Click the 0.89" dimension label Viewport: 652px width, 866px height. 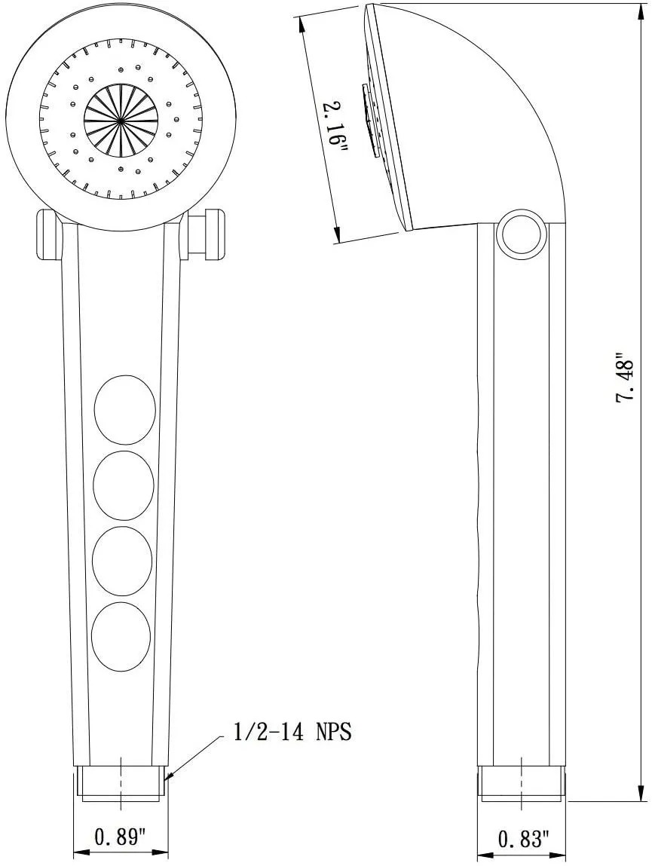tap(120, 837)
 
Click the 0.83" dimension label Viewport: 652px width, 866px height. tap(524, 838)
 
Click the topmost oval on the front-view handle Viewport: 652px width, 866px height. tap(124, 409)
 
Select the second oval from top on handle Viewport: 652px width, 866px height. tap(124, 485)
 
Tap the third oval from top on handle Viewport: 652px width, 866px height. tap(122, 561)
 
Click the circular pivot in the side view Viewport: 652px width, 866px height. tap(521, 234)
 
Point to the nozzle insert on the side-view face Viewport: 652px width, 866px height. tap(370, 121)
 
